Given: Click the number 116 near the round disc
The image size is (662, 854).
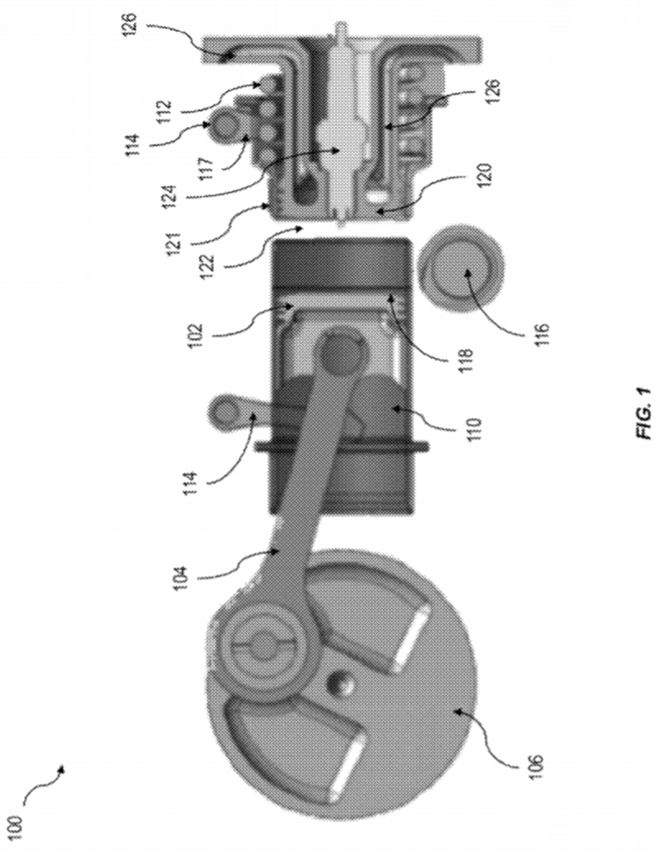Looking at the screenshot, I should click(541, 334).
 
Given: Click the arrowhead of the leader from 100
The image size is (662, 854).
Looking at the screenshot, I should click(62, 767).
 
